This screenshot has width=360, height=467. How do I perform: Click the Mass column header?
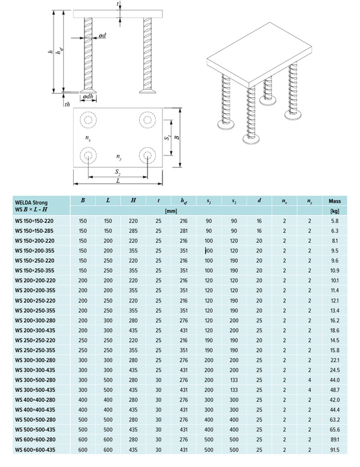pyautogui.click(x=334, y=201)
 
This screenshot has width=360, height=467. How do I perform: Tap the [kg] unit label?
pyautogui.click(x=334, y=211)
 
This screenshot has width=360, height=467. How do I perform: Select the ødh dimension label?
pyautogui.click(x=87, y=97)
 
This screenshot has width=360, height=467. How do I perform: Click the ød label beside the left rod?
pyautogui.click(x=103, y=36)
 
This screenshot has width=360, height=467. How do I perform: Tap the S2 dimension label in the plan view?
pyautogui.click(x=118, y=172)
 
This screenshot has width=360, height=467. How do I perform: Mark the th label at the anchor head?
pyautogui.click(x=67, y=104)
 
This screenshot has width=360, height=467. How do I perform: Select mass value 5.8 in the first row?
pyautogui.click(x=334, y=221)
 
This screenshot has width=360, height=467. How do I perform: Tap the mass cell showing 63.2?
pyautogui.click(x=334, y=419)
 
